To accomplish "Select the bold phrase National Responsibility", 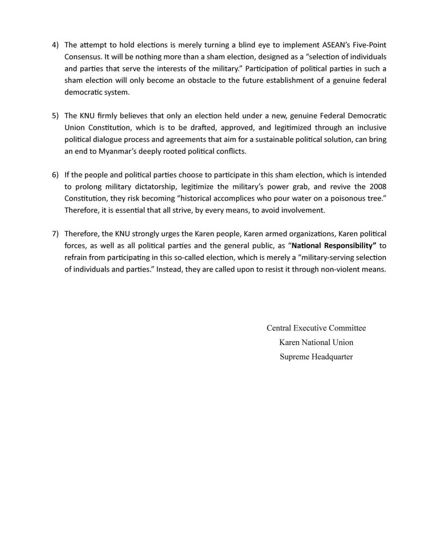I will pyautogui.click(x=333, y=246).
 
